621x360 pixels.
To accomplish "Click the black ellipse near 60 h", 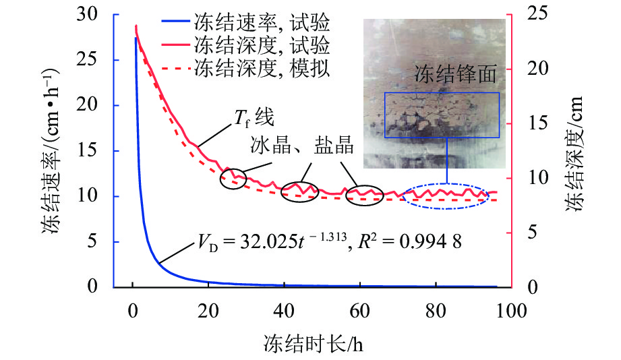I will pyautogui.click(x=364, y=194).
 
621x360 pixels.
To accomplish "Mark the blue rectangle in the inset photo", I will pyautogui.click(x=442, y=115).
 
